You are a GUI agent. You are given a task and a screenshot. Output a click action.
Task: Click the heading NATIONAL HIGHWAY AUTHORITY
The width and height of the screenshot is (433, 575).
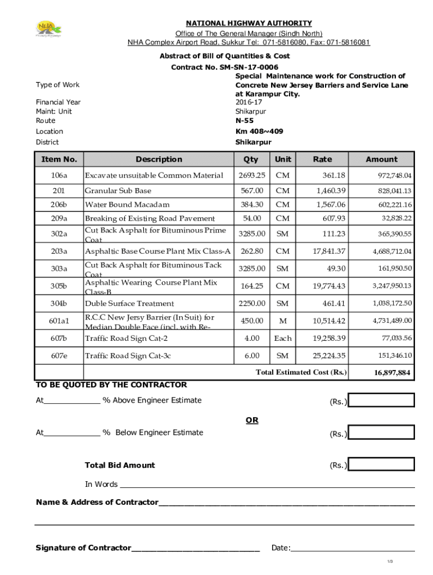pyautogui.click(x=249, y=23)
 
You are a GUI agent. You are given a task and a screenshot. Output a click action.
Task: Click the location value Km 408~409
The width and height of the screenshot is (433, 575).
pyautogui.click(x=259, y=131)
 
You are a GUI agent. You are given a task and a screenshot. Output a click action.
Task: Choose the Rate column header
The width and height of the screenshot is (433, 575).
pyautogui.click(x=322, y=159)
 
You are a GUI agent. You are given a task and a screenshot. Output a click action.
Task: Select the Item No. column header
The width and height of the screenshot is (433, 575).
pyautogui.click(x=59, y=159)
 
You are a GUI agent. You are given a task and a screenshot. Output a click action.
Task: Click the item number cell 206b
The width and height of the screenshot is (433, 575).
pyautogui.click(x=59, y=204)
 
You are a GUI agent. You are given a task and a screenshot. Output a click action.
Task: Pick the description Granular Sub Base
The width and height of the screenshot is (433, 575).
pyautogui.click(x=118, y=191)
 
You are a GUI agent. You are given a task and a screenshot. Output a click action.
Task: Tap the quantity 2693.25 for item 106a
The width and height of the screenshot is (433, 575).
pyautogui.click(x=252, y=176)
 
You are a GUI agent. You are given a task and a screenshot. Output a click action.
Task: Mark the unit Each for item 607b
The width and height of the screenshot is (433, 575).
pyautogui.click(x=283, y=338)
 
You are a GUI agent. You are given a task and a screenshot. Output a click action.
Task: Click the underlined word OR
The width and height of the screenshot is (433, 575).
pyautogui.click(x=251, y=420)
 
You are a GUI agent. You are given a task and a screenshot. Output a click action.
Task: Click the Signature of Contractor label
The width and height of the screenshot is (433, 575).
pyautogui.click(x=83, y=548)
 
